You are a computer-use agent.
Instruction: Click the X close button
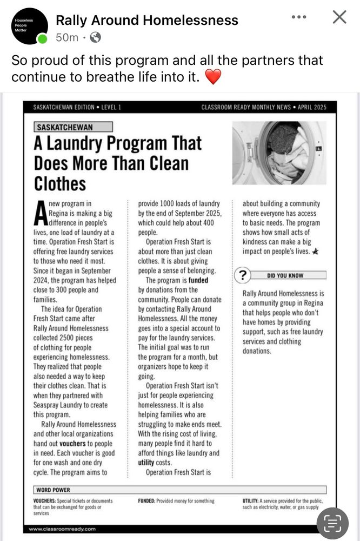[339, 17]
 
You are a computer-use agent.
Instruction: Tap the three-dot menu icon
[298, 17]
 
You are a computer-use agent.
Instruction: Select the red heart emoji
[214, 77]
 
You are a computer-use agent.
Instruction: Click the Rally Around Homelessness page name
[147, 21]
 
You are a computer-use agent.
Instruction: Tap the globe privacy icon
[95, 38]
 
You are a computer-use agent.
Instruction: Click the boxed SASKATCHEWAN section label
[73, 127]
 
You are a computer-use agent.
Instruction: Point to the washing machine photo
[279, 153]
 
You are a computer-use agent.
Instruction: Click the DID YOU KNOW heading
[285, 276]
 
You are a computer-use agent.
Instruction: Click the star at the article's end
[315, 252]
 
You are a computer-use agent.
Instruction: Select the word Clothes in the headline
[60, 183]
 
